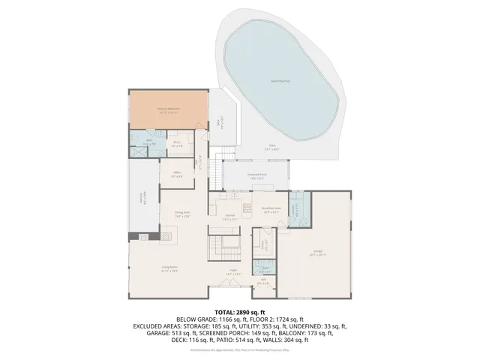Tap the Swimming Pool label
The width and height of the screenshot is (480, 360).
coord(281,82)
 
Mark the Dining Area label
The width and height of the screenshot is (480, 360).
coord(181,214)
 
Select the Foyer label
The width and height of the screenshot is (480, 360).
coord(233,272)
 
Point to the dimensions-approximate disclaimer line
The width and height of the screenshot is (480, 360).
coord(240,349)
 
